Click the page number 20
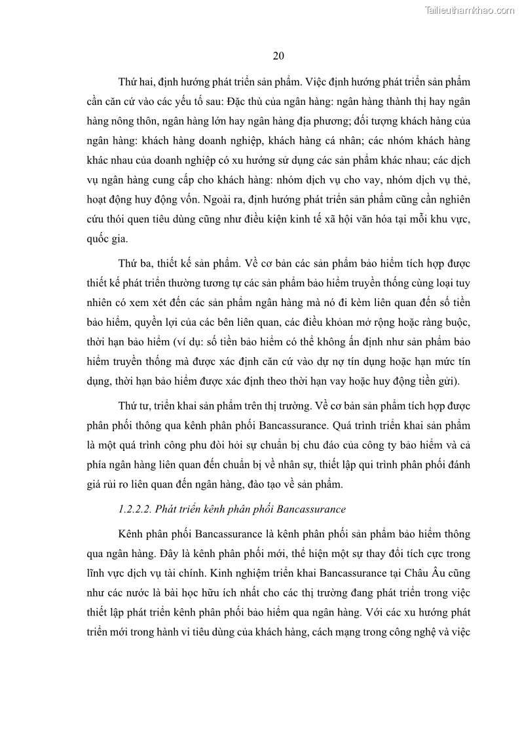278,56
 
